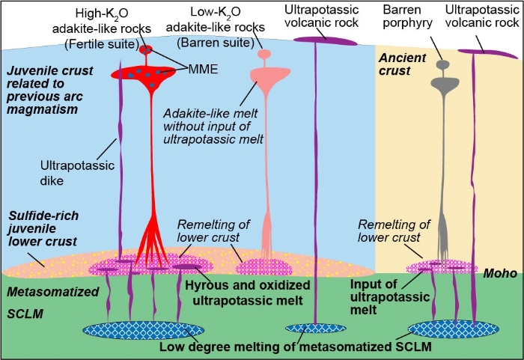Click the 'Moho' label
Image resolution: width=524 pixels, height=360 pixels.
(499, 274)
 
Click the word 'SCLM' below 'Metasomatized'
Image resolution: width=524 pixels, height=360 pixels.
(22, 310)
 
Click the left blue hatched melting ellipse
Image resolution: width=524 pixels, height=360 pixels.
(128, 330)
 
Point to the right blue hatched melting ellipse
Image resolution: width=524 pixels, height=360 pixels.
(454, 329)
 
